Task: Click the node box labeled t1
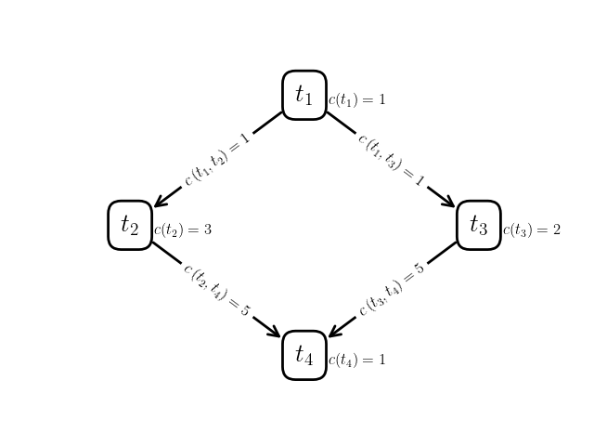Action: coord(304,95)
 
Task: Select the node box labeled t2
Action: coord(130,225)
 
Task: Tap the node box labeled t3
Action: coord(479,225)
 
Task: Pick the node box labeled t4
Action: coord(304,355)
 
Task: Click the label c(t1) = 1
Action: coord(356,99)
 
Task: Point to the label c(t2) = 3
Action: coord(183,230)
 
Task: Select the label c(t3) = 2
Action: coord(532,230)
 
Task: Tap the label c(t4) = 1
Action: coord(356,360)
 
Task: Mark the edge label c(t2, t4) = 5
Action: coord(217,290)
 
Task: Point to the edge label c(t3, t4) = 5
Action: coord(392,290)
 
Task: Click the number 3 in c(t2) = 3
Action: coord(208,230)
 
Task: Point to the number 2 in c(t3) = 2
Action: coord(557,230)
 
